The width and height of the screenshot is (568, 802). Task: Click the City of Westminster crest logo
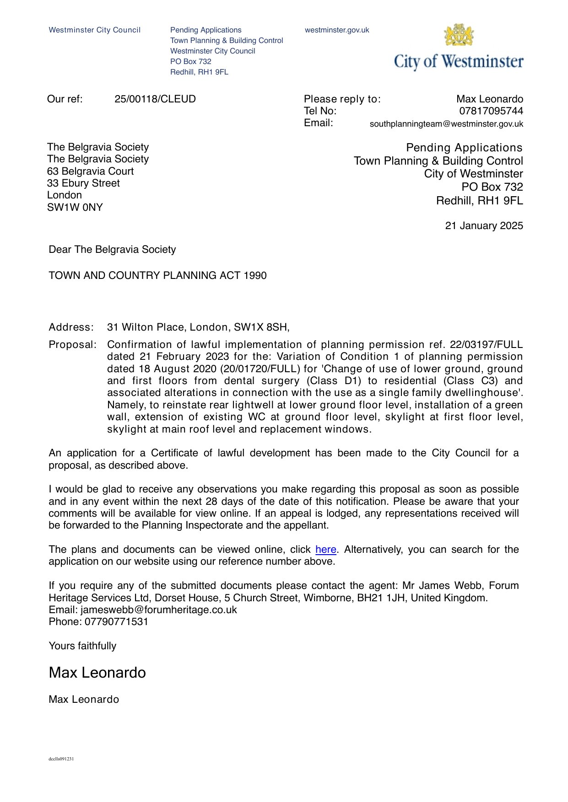(459, 35)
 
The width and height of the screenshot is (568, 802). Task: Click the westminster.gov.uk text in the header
(337, 30)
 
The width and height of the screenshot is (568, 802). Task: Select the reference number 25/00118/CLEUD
(155, 99)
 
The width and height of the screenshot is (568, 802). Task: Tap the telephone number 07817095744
(491, 111)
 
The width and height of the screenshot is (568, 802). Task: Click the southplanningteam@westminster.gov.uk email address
(446, 124)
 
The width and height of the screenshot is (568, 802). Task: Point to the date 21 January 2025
(484, 226)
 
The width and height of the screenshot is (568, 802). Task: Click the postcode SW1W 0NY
(75, 208)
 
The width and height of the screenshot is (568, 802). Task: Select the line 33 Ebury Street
(83, 183)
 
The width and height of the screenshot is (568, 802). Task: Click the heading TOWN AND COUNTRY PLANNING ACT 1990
(157, 276)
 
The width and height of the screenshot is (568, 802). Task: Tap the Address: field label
(71, 327)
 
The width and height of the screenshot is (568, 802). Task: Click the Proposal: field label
(72, 345)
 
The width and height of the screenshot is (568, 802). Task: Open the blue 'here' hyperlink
(326, 550)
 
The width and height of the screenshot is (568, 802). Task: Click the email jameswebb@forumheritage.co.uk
(159, 610)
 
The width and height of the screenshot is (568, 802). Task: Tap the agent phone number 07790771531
(116, 622)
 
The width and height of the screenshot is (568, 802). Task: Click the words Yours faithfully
(82, 646)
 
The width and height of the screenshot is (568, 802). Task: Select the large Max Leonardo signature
(97, 673)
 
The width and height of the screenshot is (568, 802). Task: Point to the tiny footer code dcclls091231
(61, 759)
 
